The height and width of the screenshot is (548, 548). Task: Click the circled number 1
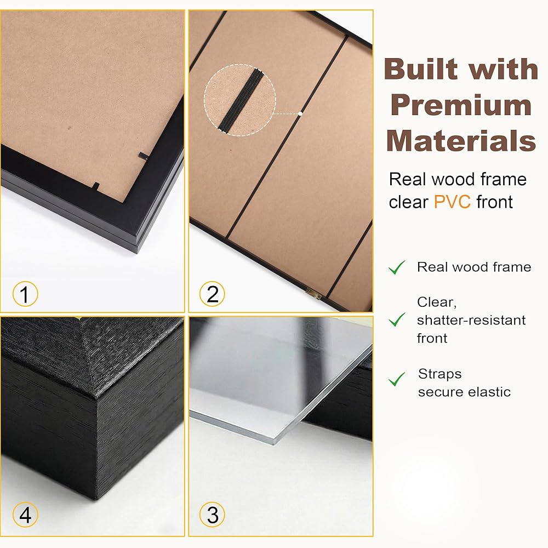25,294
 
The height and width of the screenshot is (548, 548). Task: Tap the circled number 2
212,294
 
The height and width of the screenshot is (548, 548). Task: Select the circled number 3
212,515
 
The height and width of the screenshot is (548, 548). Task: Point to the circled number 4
25,515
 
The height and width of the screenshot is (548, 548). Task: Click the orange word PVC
452,202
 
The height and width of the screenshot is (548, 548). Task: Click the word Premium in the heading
461,106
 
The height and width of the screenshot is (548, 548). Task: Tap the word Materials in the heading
461,141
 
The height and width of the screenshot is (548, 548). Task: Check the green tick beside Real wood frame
397,267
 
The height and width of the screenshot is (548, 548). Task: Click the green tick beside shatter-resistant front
397,319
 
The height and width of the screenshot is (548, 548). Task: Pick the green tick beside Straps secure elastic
397,379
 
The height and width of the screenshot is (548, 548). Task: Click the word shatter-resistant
471,320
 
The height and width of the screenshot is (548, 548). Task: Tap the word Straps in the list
439,374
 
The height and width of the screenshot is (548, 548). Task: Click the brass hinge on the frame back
313,294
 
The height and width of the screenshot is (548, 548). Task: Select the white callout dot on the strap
300,113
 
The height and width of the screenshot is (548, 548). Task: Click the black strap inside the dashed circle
241,100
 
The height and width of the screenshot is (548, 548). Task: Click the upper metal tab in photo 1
144,156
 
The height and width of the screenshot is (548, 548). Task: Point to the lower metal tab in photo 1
95,186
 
